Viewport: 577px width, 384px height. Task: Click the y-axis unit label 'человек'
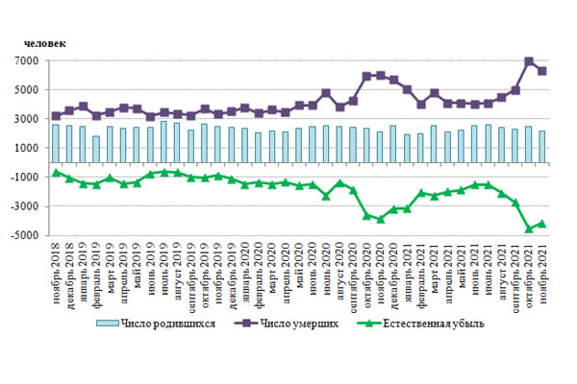point(46,41)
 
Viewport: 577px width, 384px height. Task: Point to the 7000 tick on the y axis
point(26,61)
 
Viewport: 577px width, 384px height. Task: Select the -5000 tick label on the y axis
point(24,235)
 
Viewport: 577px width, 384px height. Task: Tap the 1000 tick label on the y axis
point(26,149)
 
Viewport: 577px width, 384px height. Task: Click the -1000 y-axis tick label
point(24,178)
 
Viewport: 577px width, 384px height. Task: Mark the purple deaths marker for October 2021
point(529,61)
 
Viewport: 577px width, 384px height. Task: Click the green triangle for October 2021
point(529,228)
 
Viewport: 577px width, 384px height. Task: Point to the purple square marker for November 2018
point(56,116)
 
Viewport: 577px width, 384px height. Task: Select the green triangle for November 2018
point(56,172)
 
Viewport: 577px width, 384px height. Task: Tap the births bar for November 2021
point(542,155)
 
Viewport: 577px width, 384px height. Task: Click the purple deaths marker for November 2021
point(542,71)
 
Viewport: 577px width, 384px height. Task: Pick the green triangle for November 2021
point(542,224)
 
